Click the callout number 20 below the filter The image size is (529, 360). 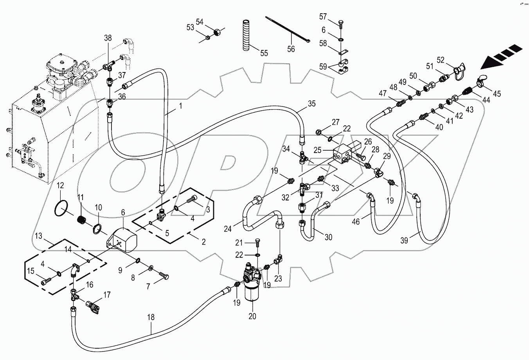252,317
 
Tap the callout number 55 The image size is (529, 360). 264,53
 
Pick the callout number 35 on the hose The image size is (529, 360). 311,104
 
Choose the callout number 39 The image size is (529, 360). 404,240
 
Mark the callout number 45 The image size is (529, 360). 497,94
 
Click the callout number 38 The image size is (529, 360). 108,38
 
